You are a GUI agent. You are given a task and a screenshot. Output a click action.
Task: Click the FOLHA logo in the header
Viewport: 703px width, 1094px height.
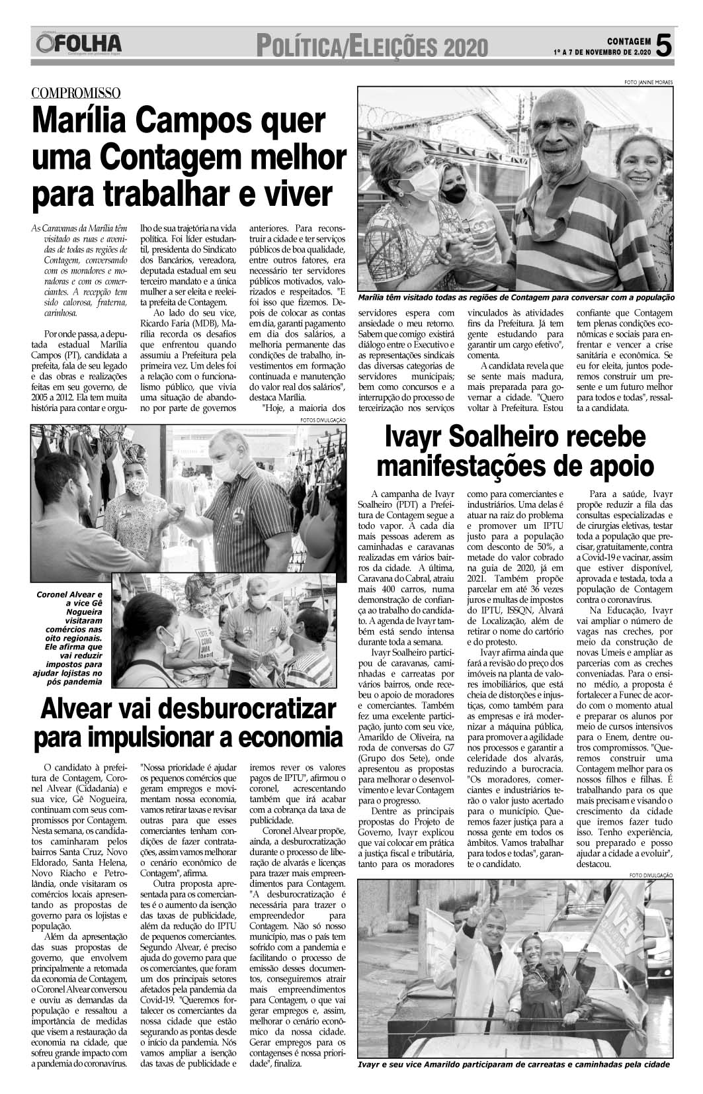80,44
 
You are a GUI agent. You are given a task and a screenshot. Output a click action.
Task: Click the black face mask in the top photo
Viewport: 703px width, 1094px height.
456,194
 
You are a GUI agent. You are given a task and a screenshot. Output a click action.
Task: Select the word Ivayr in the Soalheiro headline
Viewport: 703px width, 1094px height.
421,438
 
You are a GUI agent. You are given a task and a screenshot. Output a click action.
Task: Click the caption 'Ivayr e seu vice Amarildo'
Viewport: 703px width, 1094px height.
513,1065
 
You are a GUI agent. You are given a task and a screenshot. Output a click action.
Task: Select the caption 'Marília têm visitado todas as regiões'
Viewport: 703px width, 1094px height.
516,298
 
